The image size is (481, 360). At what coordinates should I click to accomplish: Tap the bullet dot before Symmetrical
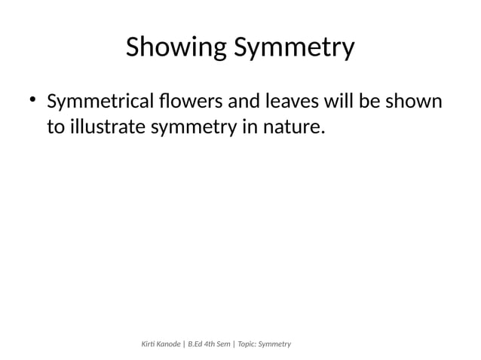pyautogui.click(x=32, y=99)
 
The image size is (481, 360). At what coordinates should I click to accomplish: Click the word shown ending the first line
pyautogui.click(x=414, y=101)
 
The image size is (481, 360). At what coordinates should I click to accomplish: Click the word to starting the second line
pyautogui.click(x=55, y=128)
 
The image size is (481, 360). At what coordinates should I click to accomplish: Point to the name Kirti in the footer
pyautogui.click(x=150, y=344)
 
